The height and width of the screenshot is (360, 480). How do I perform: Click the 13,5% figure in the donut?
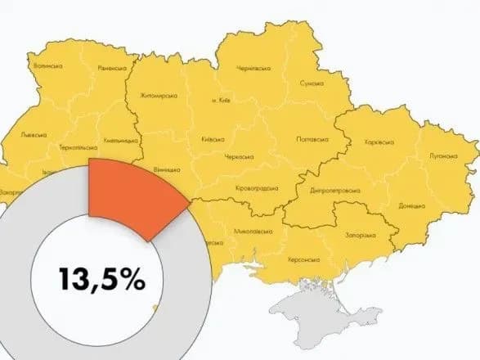point(101,278)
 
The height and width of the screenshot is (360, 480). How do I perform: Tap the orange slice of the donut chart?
point(131,195)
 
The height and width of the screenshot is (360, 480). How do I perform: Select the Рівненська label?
point(112,68)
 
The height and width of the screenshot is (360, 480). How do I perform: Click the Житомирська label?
point(159,95)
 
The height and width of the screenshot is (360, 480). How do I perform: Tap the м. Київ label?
point(219,101)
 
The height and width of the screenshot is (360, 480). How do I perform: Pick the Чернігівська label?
point(253,69)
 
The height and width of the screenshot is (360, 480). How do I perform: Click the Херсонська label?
point(303,259)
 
